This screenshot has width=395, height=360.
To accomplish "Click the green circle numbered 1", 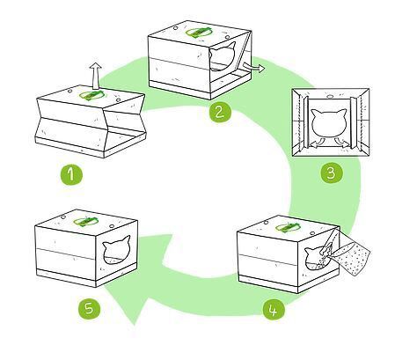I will tap(73, 173).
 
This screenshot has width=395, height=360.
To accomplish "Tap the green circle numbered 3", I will tap(330, 173).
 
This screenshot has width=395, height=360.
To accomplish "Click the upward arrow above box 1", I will tap(96, 71).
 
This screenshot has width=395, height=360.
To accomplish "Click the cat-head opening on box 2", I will tap(225, 62).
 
